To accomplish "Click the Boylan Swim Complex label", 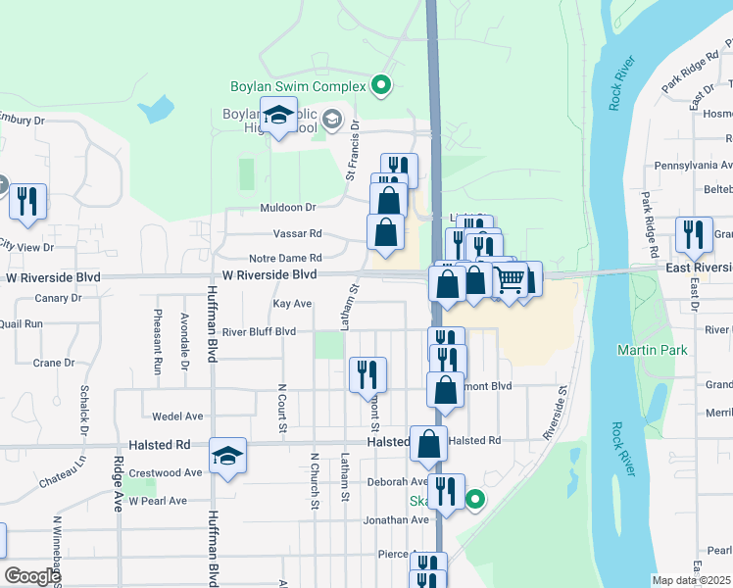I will (x=298, y=86).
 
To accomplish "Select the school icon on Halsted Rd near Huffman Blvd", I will (x=227, y=456).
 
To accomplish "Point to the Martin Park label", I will (x=647, y=350).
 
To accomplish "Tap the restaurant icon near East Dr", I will (x=694, y=236).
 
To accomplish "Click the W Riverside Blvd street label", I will (x=269, y=275).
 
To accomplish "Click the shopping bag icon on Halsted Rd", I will (x=429, y=444).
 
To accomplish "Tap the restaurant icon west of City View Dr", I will (x=27, y=202).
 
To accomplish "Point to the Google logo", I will (x=31, y=576).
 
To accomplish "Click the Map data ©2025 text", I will (x=692, y=580).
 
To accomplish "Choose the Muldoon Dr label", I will (x=287, y=208).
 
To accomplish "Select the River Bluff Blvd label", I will (x=259, y=331).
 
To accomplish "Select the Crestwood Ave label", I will (x=165, y=472).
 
